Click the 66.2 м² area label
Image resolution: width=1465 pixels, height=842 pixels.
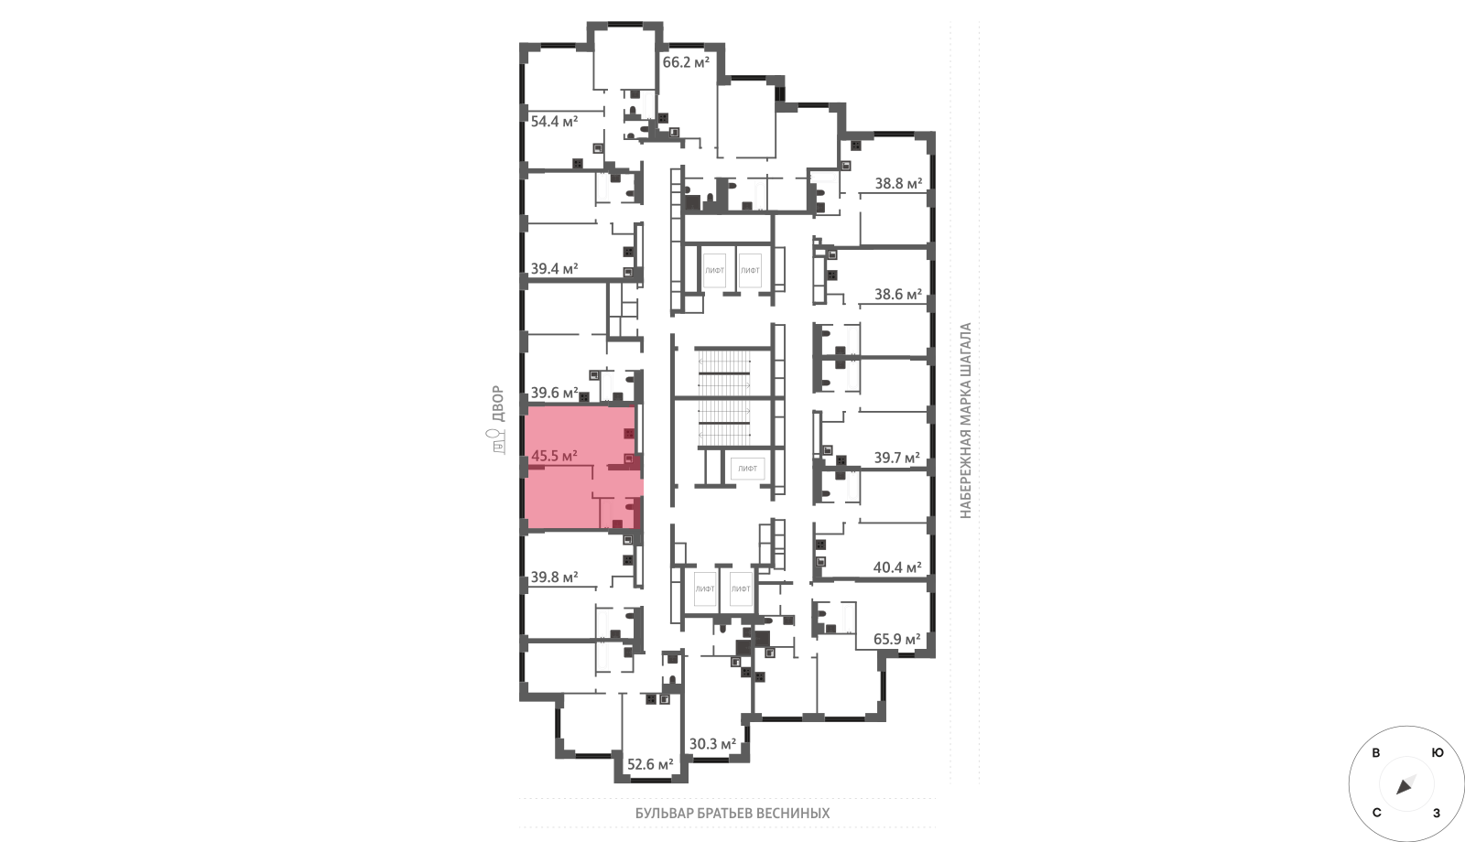click(x=686, y=63)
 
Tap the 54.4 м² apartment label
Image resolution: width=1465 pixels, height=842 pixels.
click(x=554, y=122)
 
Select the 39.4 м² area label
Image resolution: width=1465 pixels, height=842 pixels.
click(x=554, y=269)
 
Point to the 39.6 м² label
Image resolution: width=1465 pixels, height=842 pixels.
click(x=554, y=393)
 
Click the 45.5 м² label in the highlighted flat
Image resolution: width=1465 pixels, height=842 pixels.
click(x=554, y=456)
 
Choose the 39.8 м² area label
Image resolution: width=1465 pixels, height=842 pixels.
click(x=554, y=578)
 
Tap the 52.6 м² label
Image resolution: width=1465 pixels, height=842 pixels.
click(x=650, y=764)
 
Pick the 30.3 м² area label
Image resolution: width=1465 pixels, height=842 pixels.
click(x=713, y=744)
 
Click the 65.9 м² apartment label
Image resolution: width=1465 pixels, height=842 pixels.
click(x=897, y=639)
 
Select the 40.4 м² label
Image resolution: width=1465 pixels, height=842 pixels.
click(x=897, y=567)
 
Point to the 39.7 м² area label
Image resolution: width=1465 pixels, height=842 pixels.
click(x=897, y=458)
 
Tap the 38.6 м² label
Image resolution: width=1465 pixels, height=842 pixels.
click(x=898, y=294)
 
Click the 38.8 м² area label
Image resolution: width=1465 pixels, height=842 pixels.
click(x=898, y=184)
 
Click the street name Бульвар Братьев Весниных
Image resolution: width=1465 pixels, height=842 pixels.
click(x=732, y=814)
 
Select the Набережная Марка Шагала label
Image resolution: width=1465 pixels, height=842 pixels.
click(x=966, y=421)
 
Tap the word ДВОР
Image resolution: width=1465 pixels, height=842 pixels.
click(x=498, y=404)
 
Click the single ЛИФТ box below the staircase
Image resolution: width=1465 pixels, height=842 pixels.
click(x=747, y=468)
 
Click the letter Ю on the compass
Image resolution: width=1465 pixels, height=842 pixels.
click(x=1438, y=753)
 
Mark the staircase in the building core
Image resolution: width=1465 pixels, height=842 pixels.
click(x=723, y=397)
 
